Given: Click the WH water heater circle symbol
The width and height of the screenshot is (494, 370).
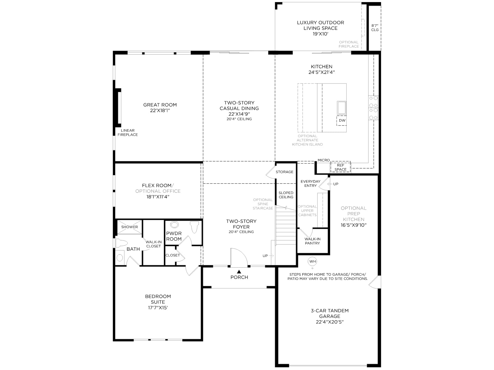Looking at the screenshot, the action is (312, 261).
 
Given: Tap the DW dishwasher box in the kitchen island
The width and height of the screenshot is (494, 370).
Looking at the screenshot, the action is (342, 121).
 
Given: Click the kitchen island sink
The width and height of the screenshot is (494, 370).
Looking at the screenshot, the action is (341, 108).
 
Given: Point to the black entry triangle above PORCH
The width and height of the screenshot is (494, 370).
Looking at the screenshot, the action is (239, 272).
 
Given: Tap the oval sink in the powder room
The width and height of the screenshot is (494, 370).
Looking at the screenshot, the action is (174, 224).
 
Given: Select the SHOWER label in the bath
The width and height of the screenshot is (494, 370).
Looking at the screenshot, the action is (129, 227).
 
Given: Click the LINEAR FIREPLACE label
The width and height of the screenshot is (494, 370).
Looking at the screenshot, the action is (128, 133).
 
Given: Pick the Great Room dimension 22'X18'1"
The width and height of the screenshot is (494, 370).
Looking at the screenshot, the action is (160, 110).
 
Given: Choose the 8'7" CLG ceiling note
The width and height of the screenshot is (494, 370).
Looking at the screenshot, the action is (375, 28).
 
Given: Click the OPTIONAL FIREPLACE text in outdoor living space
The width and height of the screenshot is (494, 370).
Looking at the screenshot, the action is (349, 44).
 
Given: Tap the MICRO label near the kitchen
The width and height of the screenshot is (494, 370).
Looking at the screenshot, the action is (324, 160).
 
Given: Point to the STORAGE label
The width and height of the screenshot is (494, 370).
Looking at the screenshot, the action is (284, 172).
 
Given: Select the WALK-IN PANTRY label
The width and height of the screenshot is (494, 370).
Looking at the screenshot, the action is (312, 241).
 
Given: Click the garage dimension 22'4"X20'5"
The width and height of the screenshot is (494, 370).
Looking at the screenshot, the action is (330, 322).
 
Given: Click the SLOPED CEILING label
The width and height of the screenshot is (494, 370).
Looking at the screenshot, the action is (286, 195).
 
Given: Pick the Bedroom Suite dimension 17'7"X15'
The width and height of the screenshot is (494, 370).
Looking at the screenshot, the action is (158, 307).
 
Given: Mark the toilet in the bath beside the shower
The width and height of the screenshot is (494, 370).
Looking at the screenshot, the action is (121, 243).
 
